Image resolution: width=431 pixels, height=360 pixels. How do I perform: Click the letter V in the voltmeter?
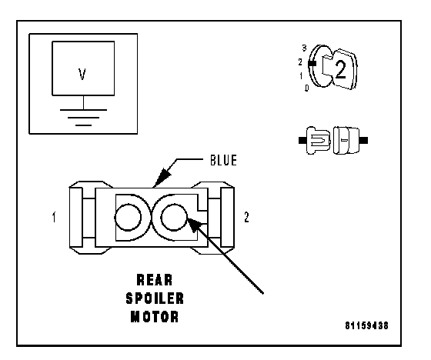(x=82, y=74)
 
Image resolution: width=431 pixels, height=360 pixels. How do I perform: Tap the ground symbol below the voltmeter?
(x=83, y=118)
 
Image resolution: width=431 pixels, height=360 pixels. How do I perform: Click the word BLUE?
(x=223, y=160)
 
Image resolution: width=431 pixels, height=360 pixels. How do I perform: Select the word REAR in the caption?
(x=155, y=280)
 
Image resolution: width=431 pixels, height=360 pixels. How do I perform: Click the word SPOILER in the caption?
(x=155, y=298)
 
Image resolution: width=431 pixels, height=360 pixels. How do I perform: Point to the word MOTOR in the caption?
(x=155, y=316)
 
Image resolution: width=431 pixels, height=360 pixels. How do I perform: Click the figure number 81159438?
(x=366, y=325)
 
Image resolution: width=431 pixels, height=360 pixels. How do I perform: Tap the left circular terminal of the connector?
(x=128, y=217)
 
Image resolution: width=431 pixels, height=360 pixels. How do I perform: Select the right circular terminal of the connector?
(x=174, y=217)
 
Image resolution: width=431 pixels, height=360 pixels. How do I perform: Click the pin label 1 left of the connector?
(x=54, y=217)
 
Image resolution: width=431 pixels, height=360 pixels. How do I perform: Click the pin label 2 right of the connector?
(x=246, y=217)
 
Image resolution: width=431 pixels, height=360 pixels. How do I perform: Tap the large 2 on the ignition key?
(x=341, y=69)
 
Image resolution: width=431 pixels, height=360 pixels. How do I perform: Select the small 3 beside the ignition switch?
(x=304, y=48)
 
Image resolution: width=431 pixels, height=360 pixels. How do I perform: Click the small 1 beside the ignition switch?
(x=301, y=75)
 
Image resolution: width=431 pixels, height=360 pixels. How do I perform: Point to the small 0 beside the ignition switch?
(x=307, y=88)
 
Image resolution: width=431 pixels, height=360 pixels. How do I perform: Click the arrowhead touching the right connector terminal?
(x=195, y=224)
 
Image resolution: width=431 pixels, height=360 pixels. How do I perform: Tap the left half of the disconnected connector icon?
(x=315, y=140)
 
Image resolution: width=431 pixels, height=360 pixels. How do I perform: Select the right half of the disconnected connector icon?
(x=349, y=140)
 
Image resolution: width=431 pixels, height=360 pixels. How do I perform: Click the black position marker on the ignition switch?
(x=312, y=64)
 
